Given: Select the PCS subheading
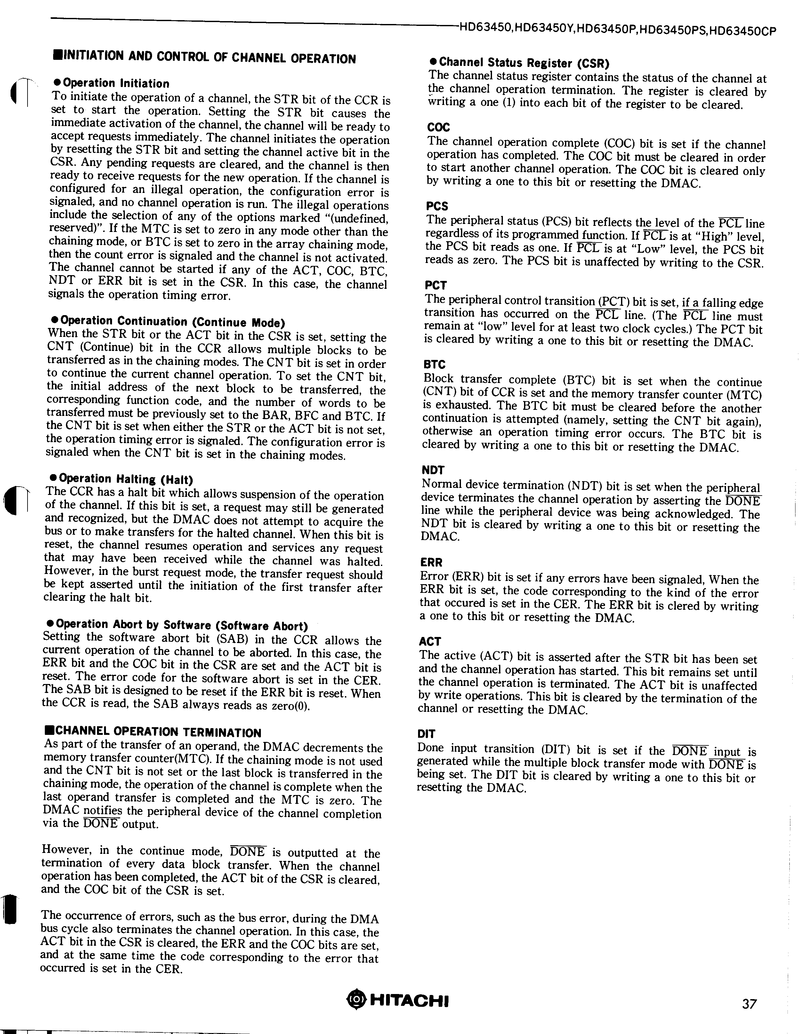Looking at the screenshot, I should point(437,206).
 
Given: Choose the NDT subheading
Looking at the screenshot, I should point(433,470).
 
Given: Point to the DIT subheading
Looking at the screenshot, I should point(426,734).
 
